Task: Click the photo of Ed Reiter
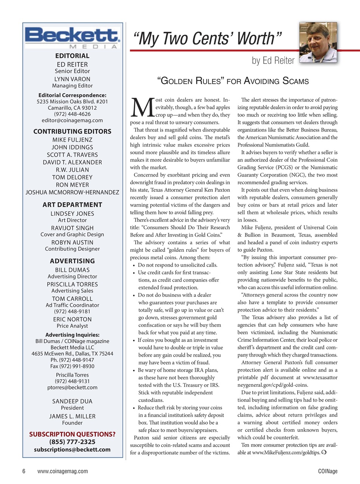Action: coord(318,42)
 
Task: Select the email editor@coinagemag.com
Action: coord(72,120)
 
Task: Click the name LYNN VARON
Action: coord(72,79)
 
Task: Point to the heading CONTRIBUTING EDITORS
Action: coord(72,132)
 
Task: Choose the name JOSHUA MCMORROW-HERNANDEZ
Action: coord(72,192)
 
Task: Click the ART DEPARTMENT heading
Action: coord(72,205)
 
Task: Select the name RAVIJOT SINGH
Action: coord(72,228)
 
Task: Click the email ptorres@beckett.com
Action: coord(72,387)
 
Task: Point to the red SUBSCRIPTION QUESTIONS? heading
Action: coord(72,434)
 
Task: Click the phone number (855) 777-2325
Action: coord(72,442)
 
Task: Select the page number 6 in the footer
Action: coord(24,471)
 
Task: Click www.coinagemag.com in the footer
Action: coord(62,471)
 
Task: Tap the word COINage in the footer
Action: coord(328,471)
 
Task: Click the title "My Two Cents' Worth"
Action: coord(207,39)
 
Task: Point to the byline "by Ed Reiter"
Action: coord(273,60)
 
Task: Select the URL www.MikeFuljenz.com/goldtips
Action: coord(286,453)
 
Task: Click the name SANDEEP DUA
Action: coord(72,401)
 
